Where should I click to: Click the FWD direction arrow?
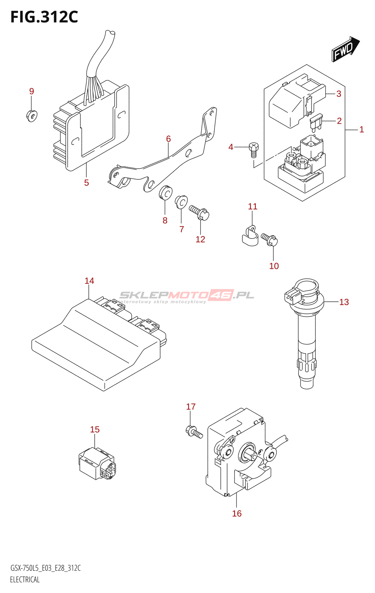click(x=345, y=49)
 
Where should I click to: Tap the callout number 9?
click(x=31, y=91)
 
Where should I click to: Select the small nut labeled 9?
click(x=32, y=116)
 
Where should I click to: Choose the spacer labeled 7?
click(x=181, y=201)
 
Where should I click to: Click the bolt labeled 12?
click(x=199, y=213)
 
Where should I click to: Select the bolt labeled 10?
click(x=269, y=239)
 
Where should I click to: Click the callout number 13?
click(x=344, y=302)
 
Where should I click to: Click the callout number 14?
click(x=89, y=281)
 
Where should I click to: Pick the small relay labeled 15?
click(x=97, y=464)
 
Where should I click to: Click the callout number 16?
click(x=237, y=513)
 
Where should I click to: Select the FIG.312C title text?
click(x=44, y=17)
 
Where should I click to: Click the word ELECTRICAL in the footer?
click(x=25, y=580)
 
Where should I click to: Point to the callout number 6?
click(x=168, y=139)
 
